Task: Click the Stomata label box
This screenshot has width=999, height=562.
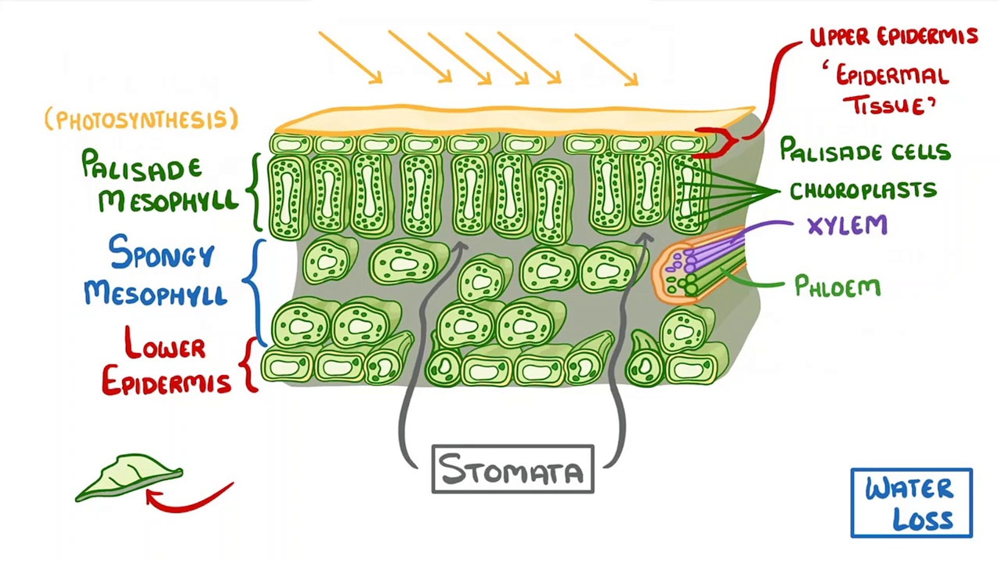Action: (513, 469)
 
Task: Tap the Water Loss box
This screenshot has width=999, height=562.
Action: (911, 503)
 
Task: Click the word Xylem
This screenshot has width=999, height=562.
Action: (847, 226)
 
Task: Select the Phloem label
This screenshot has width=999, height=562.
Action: (837, 287)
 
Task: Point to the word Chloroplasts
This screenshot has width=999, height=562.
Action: (863, 190)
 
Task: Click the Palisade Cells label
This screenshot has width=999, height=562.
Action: (865, 150)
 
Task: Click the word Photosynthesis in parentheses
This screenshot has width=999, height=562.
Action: (142, 120)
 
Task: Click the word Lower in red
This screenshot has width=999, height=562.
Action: (165, 344)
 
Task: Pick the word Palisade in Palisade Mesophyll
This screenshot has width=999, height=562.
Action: (141, 166)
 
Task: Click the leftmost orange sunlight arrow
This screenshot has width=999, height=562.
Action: (350, 57)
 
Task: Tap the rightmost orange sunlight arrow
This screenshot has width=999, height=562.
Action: (606, 59)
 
